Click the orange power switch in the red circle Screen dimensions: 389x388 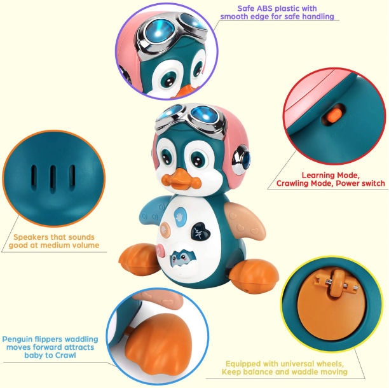click(x=334, y=115)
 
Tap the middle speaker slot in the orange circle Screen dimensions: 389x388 click(x=53, y=178)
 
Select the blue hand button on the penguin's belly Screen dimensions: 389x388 click(x=180, y=218)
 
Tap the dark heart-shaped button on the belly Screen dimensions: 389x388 click(x=200, y=232)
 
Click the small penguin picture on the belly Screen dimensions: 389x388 click(x=183, y=259)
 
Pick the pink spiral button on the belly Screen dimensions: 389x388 click(x=160, y=251)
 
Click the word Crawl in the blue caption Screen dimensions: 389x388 click(x=65, y=355)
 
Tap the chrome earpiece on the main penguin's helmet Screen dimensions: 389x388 click(x=241, y=160)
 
